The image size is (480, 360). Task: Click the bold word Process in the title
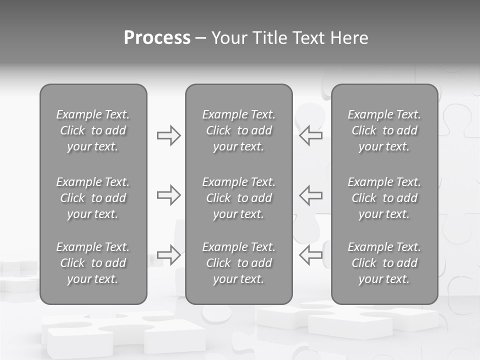(157, 38)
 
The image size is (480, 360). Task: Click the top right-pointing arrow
(168, 135)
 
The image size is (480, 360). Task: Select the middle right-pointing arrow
(168, 195)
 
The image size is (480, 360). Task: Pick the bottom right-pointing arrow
(168, 254)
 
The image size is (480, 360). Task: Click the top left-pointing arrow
(311, 135)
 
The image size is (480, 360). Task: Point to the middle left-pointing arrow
(311, 195)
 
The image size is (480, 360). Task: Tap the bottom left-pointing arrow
(311, 254)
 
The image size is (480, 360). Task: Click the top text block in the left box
(93, 130)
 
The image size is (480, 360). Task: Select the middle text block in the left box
(93, 198)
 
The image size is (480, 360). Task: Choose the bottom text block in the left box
(93, 263)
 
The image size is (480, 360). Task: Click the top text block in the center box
(238, 130)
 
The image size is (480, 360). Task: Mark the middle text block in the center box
(238, 198)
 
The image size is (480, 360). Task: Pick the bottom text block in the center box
(238, 263)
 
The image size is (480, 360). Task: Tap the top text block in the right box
(384, 130)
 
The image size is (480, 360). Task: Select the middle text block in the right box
(384, 198)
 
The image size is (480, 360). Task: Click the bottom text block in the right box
(384, 263)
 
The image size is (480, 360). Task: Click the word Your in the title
(229, 38)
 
